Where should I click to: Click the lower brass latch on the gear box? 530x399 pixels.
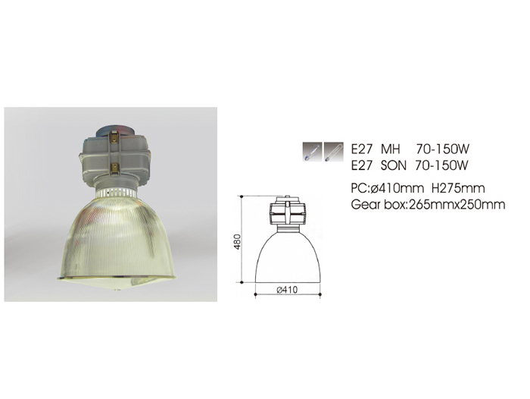(115, 168)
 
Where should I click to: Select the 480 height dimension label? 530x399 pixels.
(238, 241)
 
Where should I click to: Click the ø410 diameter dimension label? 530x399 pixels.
(287, 290)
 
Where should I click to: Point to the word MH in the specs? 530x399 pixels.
(391, 149)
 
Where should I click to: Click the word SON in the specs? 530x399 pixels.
(394, 165)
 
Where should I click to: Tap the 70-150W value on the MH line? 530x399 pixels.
(443, 149)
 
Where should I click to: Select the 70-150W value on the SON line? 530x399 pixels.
(441, 165)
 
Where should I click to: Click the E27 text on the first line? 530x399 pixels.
(362, 149)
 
